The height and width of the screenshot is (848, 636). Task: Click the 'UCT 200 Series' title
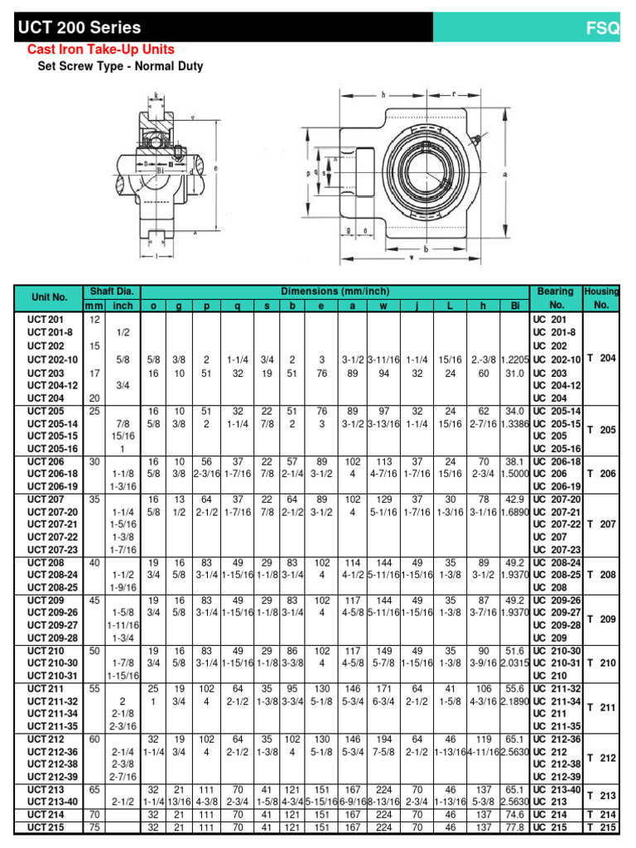(79, 28)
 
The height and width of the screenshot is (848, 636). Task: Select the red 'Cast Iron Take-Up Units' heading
(101, 50)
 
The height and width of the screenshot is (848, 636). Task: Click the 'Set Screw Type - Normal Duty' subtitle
(120, 66)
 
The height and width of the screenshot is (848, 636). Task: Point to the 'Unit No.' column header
(49, 297)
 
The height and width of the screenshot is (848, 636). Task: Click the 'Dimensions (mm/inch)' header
(335, 291)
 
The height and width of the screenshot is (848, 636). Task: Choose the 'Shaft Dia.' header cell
(111, 291)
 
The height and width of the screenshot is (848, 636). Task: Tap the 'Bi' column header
(513, 306)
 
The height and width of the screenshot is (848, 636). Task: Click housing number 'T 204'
(601, 359)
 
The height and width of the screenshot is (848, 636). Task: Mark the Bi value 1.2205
(514, 359)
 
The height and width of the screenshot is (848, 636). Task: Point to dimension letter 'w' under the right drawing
(412, 257)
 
